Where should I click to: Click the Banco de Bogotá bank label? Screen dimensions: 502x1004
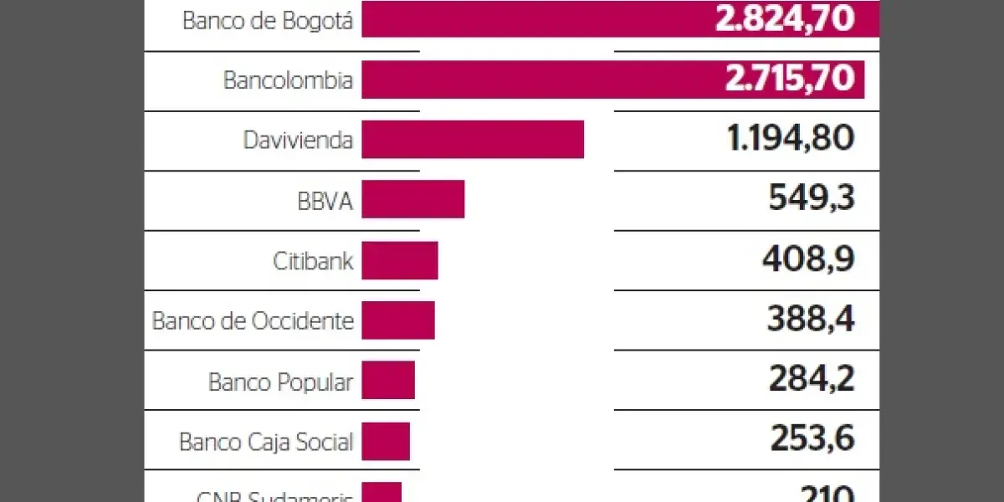click(268, 21)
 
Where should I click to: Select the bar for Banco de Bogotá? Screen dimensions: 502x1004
click(535, 20)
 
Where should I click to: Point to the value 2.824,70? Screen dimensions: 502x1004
click(784, 18)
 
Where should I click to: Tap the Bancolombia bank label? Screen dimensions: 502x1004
click(288, 80)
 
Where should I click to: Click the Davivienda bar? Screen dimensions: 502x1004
click(473, 139)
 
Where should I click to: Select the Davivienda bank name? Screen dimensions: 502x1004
click(298, 140)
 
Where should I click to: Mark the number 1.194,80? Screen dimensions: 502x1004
click(791, 139)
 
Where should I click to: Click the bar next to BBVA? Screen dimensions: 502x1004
click(412, 199)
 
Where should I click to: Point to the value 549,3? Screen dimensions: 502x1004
click(811, 199)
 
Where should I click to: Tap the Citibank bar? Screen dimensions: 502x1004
click(400, 259)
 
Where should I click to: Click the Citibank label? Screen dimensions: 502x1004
click(313, 260)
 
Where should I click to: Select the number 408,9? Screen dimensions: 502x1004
click(807, 259)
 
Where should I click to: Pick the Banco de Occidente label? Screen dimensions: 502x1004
click(253, 320)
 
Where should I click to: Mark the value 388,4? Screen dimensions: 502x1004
click(810, 320)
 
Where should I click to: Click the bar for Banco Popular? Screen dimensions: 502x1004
click(388, 380)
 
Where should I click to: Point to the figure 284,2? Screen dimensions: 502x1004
click(812, 380)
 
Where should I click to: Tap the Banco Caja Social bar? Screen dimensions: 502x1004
click(386, 440)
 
